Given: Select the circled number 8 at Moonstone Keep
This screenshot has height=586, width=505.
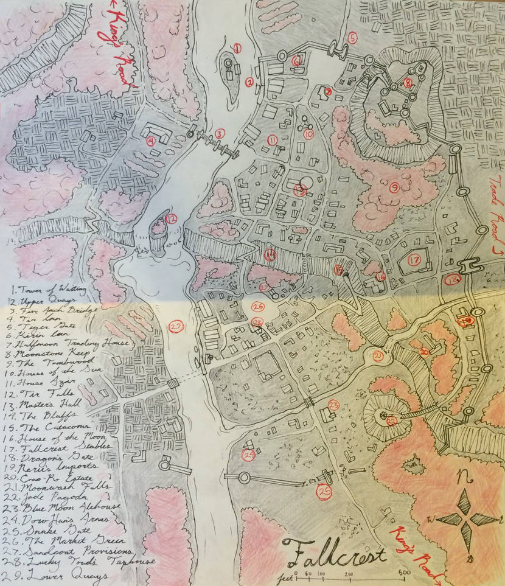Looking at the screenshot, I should point(408,82).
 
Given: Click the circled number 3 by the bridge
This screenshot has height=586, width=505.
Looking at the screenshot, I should point(220,133).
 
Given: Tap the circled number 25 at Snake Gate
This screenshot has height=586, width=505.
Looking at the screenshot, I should point(324,492).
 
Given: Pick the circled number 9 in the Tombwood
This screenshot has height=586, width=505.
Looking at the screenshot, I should point(394,189).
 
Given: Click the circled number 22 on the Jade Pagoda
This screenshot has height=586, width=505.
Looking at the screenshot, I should point(391,419).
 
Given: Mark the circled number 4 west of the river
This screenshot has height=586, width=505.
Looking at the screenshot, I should point(150,141).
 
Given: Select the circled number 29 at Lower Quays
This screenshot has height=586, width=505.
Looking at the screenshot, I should point(176,327).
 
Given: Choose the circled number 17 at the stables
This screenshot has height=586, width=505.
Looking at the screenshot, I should point(414,260).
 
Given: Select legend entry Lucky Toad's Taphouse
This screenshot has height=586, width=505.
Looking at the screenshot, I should point(67,560).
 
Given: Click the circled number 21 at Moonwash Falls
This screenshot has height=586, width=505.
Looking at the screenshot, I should point(378,356).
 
